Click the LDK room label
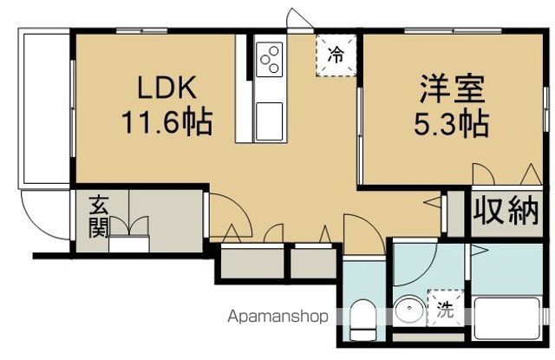point(166,88)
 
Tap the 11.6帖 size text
point(166,122)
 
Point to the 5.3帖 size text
point(452,124)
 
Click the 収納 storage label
point(506,212)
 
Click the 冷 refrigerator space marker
point(336,55)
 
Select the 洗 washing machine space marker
point(445,308)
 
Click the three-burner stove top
point(270,59)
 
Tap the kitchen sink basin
point(270,121)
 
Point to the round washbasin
point(410,310)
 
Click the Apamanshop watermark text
point(277,316)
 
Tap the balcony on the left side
point(44,108)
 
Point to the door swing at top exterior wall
point(299,16)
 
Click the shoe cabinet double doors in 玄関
point(129,226)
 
